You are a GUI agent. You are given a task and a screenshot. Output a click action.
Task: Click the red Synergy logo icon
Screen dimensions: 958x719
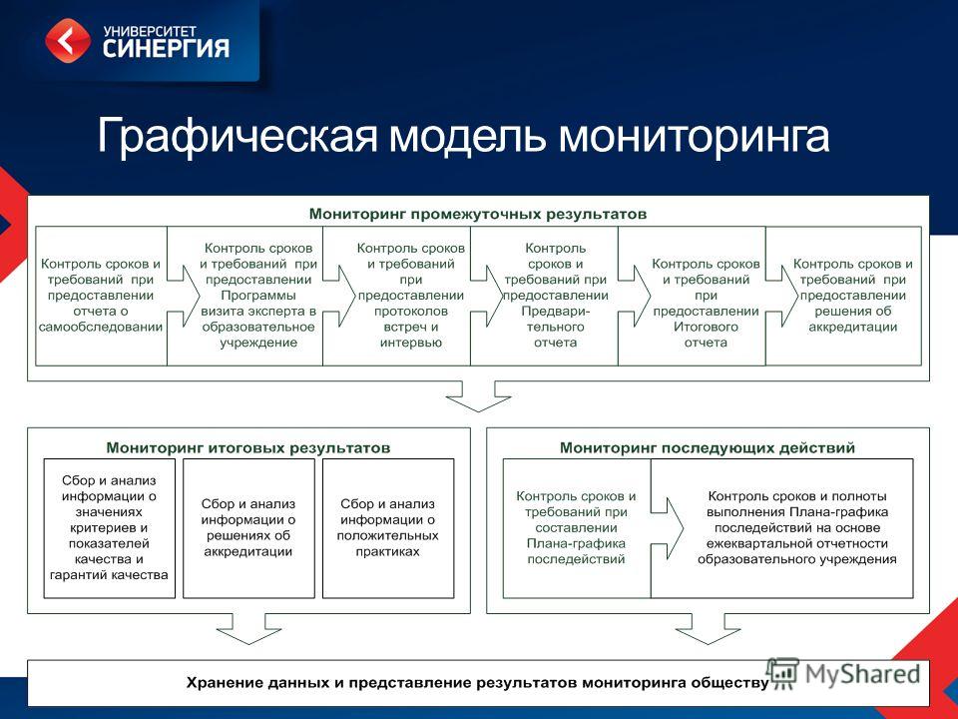click(x=68, y=40)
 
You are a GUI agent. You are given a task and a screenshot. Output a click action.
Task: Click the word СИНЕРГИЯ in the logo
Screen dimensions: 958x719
click(x=166, y=48)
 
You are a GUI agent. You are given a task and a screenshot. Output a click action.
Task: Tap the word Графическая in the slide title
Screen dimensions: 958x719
click(x=238, y=136)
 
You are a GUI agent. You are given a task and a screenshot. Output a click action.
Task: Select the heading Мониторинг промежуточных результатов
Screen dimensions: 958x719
click(x=478, y=214)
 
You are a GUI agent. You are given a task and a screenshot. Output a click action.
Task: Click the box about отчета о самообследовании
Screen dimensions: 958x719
click(x=101, y=296)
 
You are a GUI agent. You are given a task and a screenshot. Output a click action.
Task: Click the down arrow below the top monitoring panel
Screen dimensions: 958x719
click(x=478, y=396)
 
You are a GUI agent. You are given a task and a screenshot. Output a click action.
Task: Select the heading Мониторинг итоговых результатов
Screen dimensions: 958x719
click(x=248, y=447)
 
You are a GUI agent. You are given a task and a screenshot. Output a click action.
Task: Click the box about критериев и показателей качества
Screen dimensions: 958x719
click(x=110, y=528)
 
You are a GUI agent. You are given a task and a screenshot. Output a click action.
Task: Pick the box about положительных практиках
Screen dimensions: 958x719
click(x=388, y=528)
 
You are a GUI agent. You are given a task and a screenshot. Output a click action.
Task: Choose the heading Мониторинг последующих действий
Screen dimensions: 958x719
click(x=708, y=447)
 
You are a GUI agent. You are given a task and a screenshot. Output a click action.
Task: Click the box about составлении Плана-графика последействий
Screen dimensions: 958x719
click(x=577, y=528)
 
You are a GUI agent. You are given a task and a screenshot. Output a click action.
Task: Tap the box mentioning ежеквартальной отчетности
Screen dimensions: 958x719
click(x=782, y=528)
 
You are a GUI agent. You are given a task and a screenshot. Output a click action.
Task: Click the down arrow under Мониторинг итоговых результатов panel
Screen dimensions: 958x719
click(x=248, y=628)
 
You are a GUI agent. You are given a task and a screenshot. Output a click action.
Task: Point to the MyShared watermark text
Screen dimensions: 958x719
click(x=862, y=674)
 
